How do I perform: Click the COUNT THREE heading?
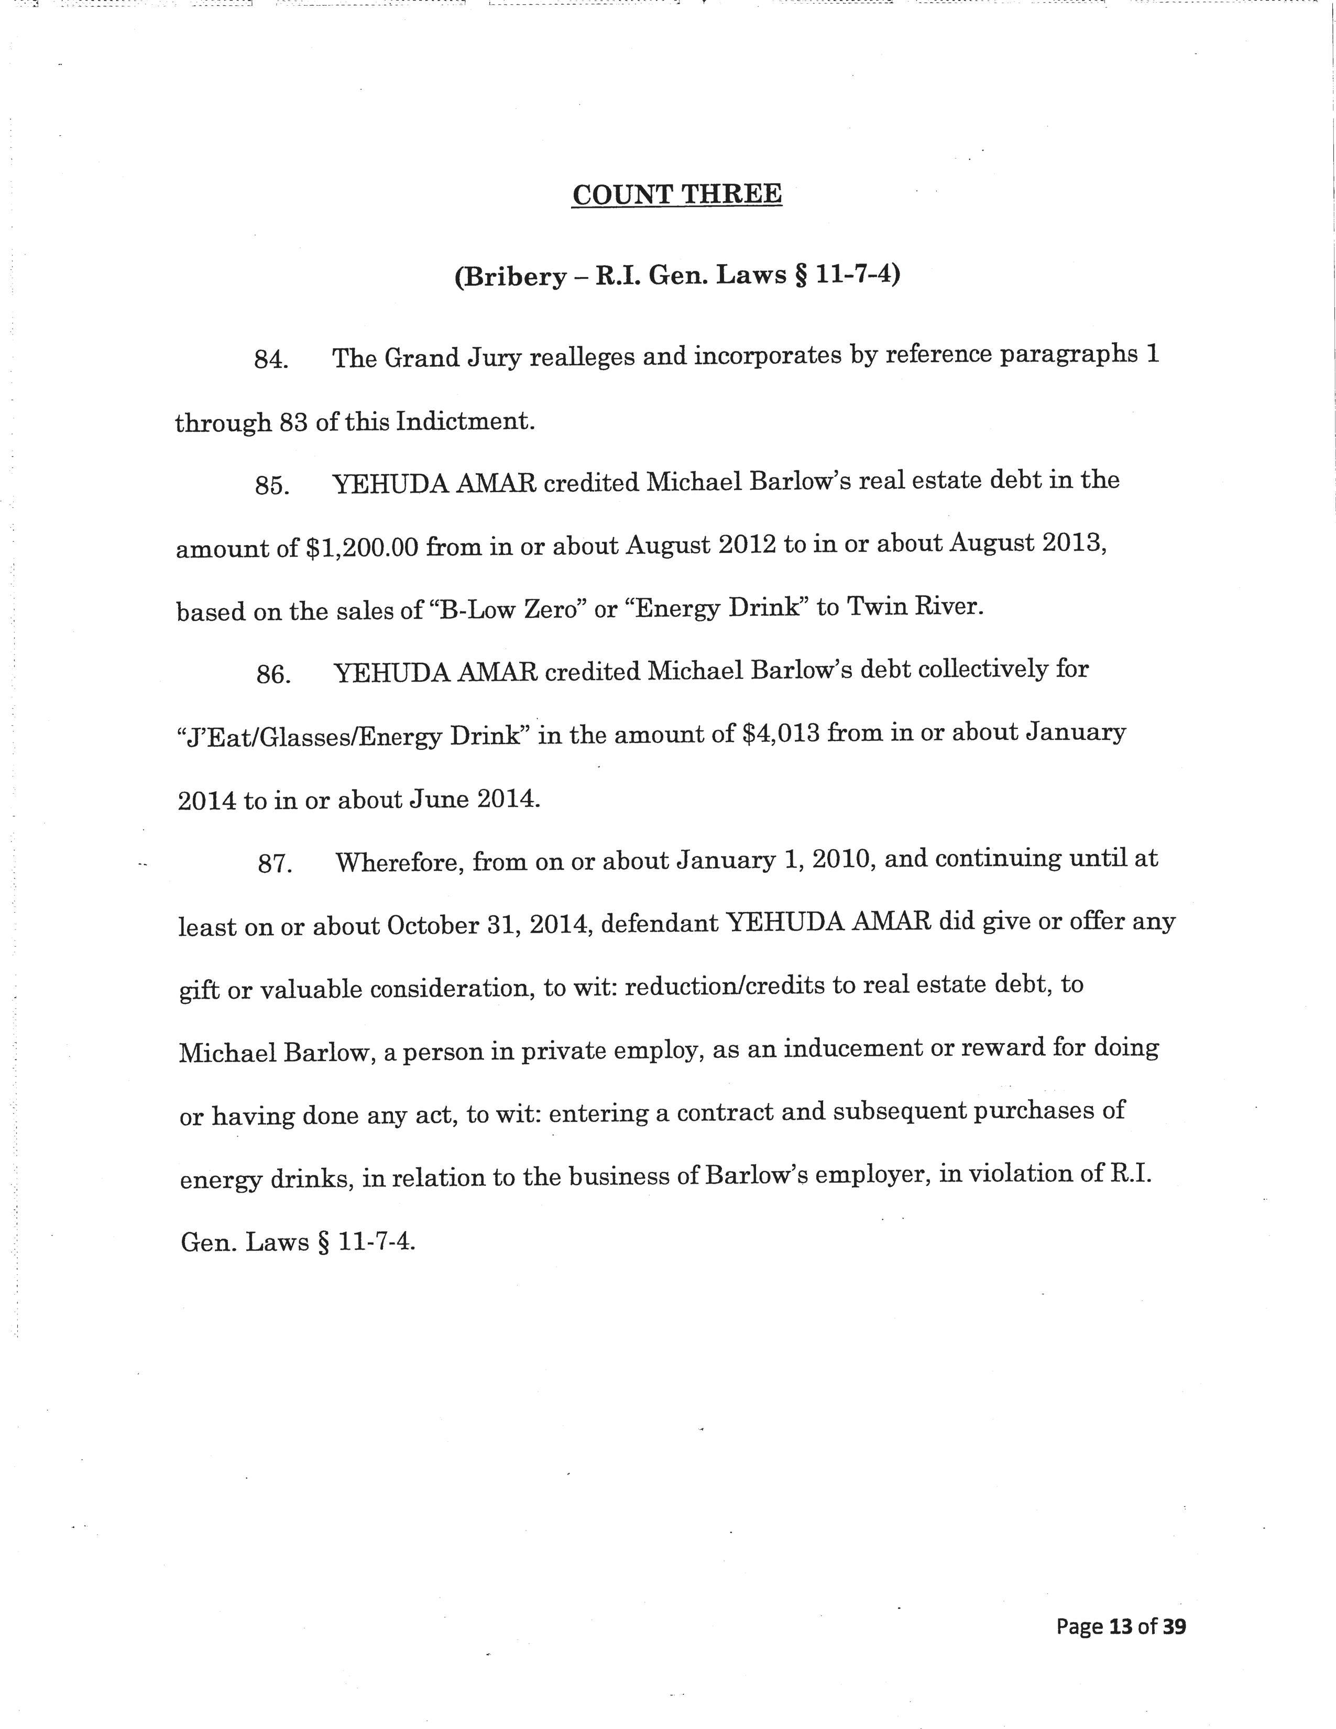click(x=677, y=195)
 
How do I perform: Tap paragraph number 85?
click(x=271, y=485)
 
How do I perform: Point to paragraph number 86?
click(x=272, y=674)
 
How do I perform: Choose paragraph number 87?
click(x=275, y=863)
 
